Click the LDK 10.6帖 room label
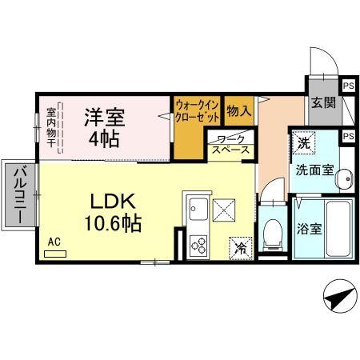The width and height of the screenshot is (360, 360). click(112, 210)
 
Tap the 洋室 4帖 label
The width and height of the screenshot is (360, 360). click(104, 127)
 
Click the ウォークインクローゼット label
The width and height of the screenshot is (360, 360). click(196, 110)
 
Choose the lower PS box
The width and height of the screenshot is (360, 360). click(348, 137)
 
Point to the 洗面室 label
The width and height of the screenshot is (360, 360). click(313, 170)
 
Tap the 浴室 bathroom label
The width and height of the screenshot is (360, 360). click(310, 228)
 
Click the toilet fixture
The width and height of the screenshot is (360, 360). click(270, 233)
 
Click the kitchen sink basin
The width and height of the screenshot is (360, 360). click(197, 211)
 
